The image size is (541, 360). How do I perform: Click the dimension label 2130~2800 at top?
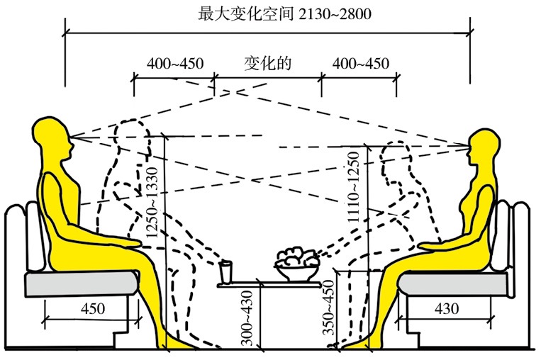pyautogui.click(x=335, y=13)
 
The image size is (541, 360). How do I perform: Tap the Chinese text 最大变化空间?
pyautogui.click(x=246, y=13)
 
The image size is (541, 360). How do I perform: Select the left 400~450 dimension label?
pyautogui.click(x=175, y=64)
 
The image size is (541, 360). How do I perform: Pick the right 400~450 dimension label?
pyautogui.click(x=361, y=64)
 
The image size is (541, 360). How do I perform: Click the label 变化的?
pyautogui.click(x=268, y=64)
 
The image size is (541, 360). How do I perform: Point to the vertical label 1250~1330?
pyautogui.click(x=152, y=203)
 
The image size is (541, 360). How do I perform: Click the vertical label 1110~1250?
pyautogui.click(x=353, y=187)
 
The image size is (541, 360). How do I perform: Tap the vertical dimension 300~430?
pyautogui.click(x=247, y=318)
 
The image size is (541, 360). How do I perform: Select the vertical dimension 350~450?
pyautogui.click(x=329, y=308)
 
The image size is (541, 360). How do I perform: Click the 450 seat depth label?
pyautogui.click(x=93, y=308)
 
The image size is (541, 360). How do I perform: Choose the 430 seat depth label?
pyautogui.click(x=447, y=308)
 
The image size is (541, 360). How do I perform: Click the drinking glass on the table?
pyautogui.click(x=225, y=272)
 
